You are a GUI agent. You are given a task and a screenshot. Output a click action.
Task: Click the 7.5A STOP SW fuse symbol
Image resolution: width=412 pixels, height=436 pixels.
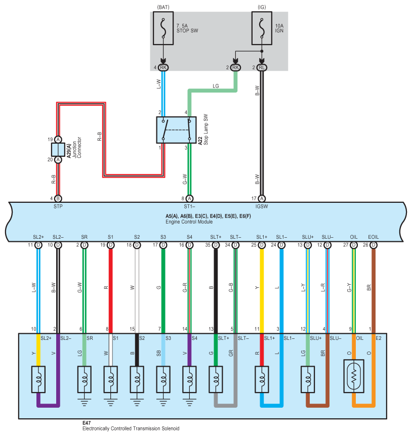163,29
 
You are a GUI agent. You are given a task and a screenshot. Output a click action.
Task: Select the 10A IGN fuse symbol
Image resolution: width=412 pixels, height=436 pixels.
262,29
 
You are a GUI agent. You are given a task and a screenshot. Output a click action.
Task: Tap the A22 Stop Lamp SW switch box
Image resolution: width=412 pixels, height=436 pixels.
176,129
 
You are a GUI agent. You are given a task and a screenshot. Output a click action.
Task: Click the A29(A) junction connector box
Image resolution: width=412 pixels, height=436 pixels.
58,149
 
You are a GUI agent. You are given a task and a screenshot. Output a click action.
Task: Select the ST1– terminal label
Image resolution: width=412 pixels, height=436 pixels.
189,206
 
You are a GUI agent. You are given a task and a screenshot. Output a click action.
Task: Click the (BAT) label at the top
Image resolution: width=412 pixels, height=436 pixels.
163,8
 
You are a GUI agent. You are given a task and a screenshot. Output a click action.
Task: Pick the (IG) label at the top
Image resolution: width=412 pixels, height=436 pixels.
262,8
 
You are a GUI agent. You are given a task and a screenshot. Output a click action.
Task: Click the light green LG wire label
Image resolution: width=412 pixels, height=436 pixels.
216,86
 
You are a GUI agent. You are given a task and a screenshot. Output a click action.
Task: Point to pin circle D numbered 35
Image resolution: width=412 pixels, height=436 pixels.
216,245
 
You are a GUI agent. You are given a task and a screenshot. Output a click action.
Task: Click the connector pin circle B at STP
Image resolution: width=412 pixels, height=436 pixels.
58,199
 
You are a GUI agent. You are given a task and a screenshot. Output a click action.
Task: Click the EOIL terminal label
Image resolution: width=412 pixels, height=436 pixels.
373,237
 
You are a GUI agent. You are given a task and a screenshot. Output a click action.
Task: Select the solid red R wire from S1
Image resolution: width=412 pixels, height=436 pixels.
110,288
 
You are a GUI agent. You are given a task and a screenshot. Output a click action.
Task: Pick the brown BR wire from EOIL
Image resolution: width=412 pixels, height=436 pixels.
373,288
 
